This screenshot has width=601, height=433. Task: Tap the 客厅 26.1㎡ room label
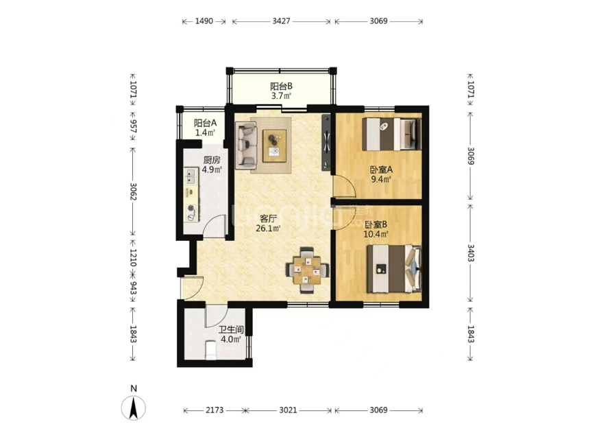[268, 224]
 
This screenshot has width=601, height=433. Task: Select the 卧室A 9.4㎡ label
[381, 174]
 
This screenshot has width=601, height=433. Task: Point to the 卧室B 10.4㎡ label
[376, 229]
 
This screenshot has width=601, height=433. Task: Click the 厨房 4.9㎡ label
[212, 165]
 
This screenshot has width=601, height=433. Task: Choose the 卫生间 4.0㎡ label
[231, 335]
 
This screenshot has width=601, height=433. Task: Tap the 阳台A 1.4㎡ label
[205, 128]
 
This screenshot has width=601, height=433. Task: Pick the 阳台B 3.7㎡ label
[282, 91]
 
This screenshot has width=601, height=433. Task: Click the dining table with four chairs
[307, 270]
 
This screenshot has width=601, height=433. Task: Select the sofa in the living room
[246, 145]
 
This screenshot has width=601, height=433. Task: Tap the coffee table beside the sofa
[274, 146]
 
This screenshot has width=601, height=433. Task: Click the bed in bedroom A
[392, 134]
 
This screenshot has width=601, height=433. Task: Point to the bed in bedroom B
[394, 270]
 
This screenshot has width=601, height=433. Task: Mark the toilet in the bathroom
[211, 350]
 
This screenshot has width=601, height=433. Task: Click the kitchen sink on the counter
[191, 176]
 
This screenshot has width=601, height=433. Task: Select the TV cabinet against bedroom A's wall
[326, 142]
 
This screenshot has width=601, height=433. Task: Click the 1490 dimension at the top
[204, 21]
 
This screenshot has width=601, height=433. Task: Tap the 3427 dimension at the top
[282, 21]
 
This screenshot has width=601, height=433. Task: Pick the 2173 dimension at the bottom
[214, 410]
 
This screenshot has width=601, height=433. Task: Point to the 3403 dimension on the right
[471, 253]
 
